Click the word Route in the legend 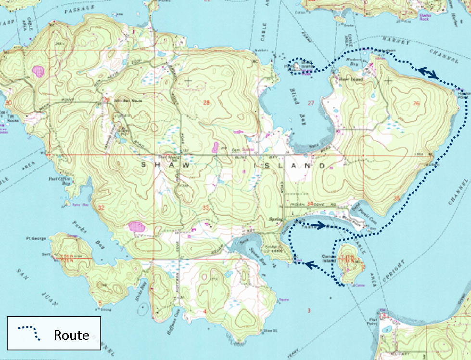tap(71, 335)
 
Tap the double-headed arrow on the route tap(427, 73)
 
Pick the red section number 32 tap(101, 208)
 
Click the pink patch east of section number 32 tap(137, 226)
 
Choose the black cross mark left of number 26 tap(388, 80)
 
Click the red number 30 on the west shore tap(8, 102)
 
